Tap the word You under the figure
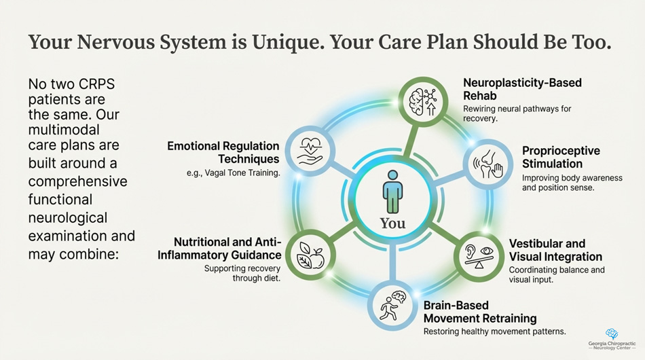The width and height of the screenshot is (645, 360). click(392, 223)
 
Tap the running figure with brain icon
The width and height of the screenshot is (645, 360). click(393, 305)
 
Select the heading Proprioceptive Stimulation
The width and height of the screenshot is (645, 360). click(560, 157)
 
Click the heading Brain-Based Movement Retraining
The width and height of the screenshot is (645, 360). click(479, 312)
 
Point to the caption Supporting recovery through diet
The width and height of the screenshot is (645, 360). click(242, 273)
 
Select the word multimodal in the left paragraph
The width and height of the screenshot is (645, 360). click(64, 130)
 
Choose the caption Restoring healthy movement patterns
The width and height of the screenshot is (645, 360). click(494, 331)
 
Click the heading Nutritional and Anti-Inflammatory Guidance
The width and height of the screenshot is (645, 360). click(220, 249)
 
